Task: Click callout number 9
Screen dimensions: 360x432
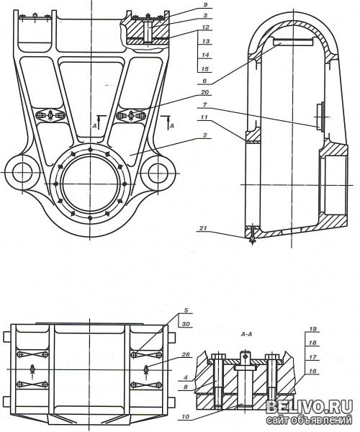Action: click(x=205, y=5)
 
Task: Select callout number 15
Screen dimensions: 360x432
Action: click(x=204, y=68)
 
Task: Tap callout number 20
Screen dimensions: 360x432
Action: click(x=204, y=92)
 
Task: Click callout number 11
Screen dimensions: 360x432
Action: click(x=204, y=117)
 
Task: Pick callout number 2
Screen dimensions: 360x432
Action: click(x=205, y=135)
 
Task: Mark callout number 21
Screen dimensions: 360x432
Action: click(x=203, y=228)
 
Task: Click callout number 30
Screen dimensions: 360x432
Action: click(x=186, y=324)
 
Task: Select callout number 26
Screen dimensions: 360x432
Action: click(x=186, y=354)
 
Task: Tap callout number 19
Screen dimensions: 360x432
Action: click(x=312, y=329)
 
